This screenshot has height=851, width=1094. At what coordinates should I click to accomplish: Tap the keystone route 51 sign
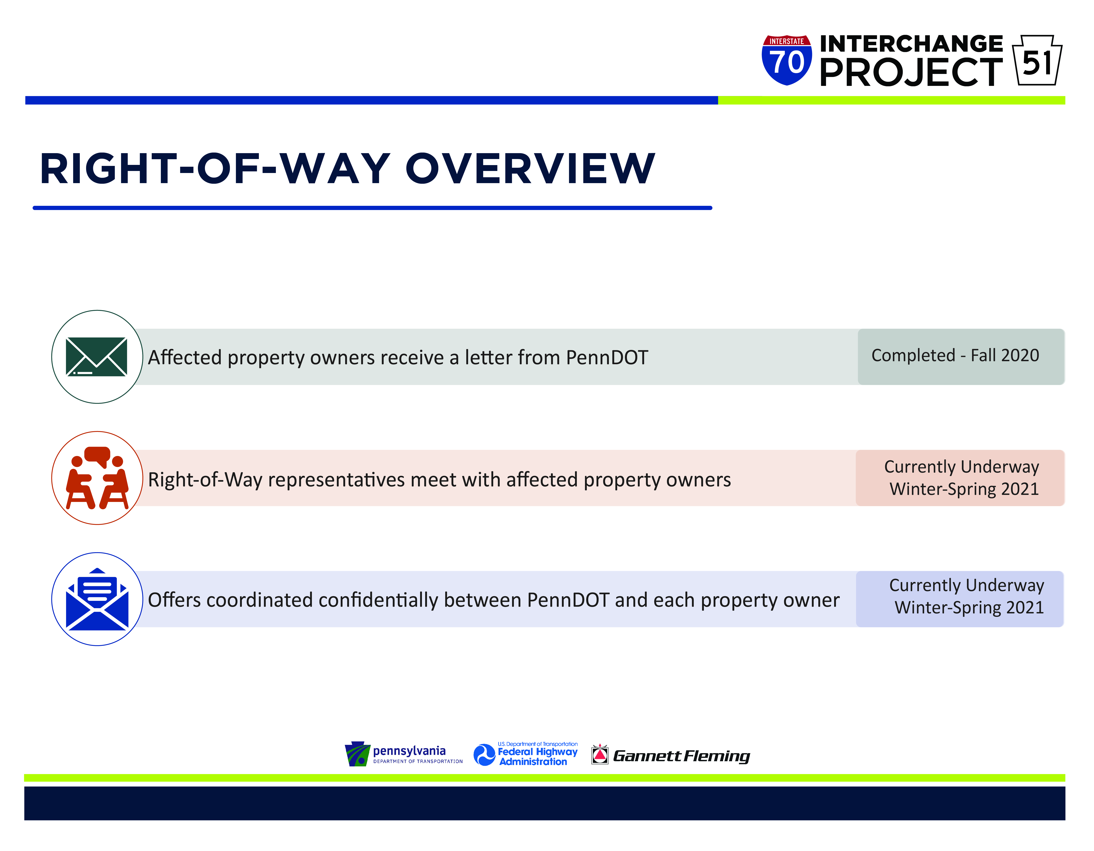point(1037,60)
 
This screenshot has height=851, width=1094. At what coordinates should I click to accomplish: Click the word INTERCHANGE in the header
point(911,44)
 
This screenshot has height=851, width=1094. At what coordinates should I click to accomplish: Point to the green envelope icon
point(97,357)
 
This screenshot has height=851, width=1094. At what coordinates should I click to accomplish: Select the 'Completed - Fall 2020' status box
point(961,357)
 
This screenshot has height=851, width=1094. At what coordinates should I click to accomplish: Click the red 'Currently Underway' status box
point(960,478)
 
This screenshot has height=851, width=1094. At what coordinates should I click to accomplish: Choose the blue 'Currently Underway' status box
point(960,599)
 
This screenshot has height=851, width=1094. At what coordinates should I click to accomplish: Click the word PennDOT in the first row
point(607,358)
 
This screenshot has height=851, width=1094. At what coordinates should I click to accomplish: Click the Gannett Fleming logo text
point(681,756)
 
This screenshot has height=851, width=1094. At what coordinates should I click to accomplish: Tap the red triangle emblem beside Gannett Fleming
point(600,754)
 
